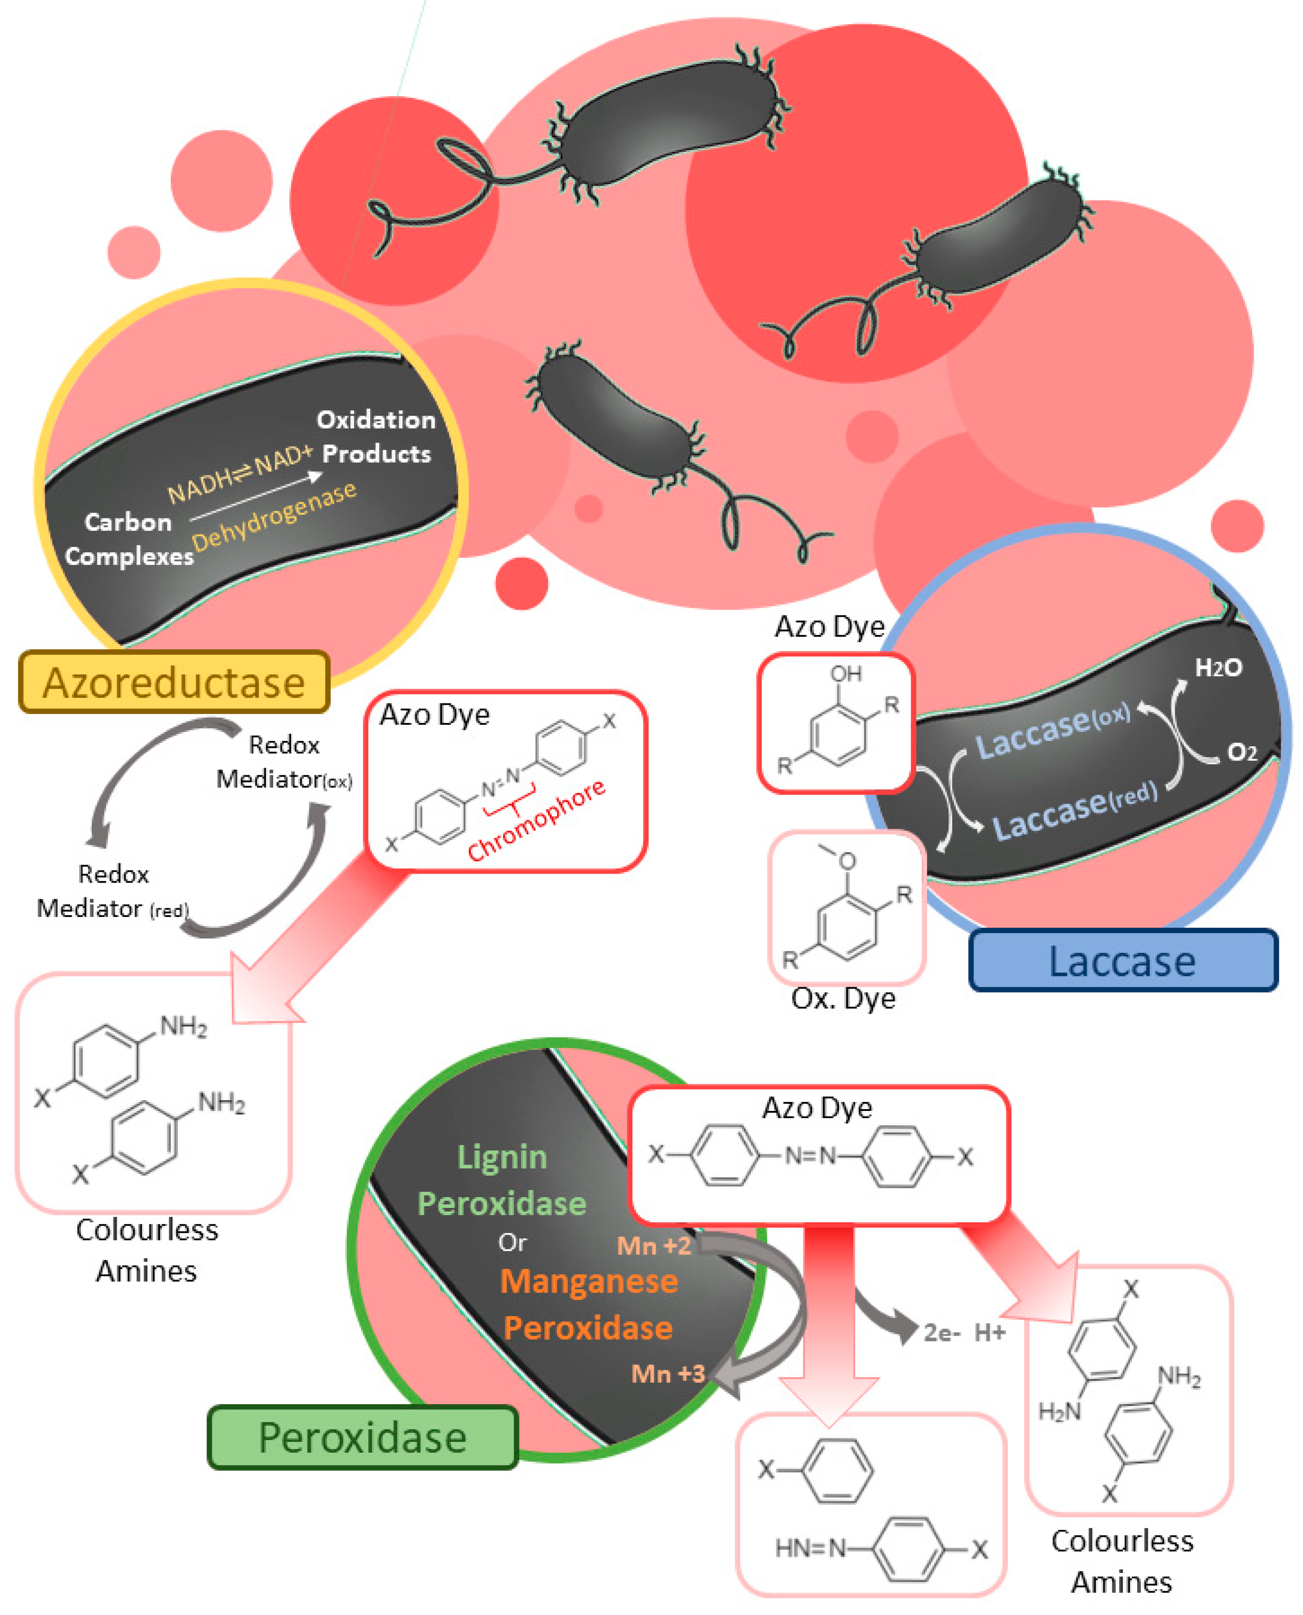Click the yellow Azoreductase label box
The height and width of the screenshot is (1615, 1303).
coord(174,681)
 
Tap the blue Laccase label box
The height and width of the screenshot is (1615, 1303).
coord(1123,961)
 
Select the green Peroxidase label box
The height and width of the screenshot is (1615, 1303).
coord(363,1437)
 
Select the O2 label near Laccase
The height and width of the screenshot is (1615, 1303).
coord(1241,752)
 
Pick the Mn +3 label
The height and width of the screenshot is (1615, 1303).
coord(668,1373)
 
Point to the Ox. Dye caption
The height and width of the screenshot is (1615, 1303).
coord(843,998)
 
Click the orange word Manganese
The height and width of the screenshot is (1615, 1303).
coord(589,1281)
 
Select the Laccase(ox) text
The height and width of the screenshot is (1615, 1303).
coord(1052,732)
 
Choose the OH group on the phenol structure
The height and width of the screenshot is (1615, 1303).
coord(846,674)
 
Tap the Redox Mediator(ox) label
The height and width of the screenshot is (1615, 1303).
coord(284,762)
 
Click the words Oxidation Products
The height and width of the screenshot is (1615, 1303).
coord(376,436)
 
